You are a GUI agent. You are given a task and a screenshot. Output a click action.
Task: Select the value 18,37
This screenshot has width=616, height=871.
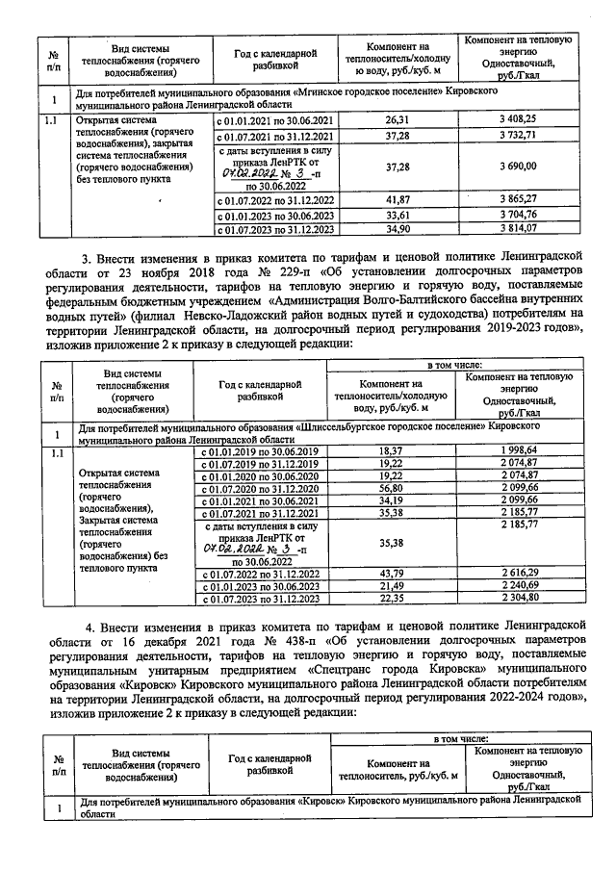(x=391, y=451)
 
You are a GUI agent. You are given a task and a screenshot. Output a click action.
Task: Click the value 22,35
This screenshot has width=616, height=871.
(x=391, y=600)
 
